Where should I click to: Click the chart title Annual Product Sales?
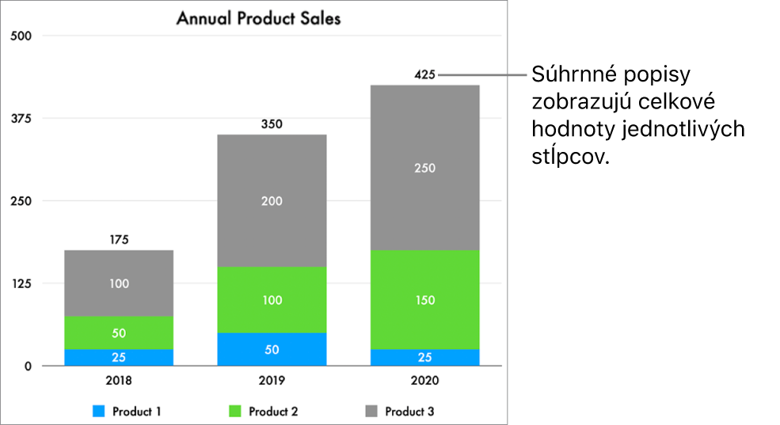pyautogui.click(x=258, y=18)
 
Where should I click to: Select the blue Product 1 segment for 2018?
pyautogui.click(x=119, y=357)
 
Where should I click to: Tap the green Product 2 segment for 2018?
pyautogui.click(x=119, y=332)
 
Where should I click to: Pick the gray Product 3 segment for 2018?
pyautogui.click(x=119, y=283)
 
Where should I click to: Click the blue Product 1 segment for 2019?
pyautogui.click(x=272, y=349)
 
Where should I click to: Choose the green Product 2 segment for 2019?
pyautogui.click(x=272, y=300)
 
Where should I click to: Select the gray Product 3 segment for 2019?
pyautogui.click(x=272, y=201)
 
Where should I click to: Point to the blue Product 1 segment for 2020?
pyautogui.click(x=424, y=357)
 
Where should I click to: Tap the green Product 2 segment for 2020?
pyautogui.click(x=424, y=300)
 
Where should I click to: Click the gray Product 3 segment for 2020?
pyautogui.click(x=424, y=168)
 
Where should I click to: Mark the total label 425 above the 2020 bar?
pyautogui.click(x=424, y=75)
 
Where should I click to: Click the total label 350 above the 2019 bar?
pyautogui.click(x=272, y=124)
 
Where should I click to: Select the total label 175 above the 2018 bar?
pyautogui.click(x=119, y=240)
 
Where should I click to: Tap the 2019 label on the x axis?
pyautogui.click(x=272, y=381)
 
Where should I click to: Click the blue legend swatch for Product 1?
pyautogui.click(x=98, y=412)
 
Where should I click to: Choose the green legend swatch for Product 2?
pyautogui.click(x=235, y=412)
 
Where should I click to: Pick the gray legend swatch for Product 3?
pyautogui.click(x=371, y=412)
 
